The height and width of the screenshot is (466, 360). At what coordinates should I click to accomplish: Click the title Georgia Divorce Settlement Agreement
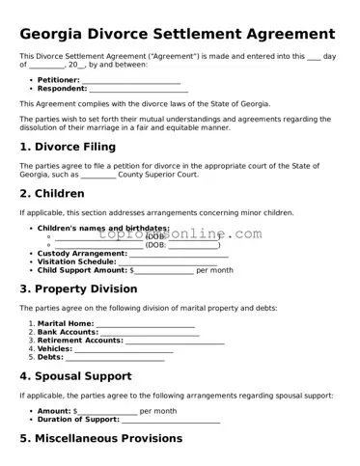point(178,34)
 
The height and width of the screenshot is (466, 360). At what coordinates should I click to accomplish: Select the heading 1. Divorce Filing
point(68,147)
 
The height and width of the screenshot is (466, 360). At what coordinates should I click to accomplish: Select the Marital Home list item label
point(66,323)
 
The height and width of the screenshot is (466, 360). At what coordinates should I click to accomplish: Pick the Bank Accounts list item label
point(68,332)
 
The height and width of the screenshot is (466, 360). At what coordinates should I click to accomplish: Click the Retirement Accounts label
point(80,341)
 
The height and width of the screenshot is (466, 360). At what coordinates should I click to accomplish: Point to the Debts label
point(50,358)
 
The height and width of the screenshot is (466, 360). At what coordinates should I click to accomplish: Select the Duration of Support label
point(78,420)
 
